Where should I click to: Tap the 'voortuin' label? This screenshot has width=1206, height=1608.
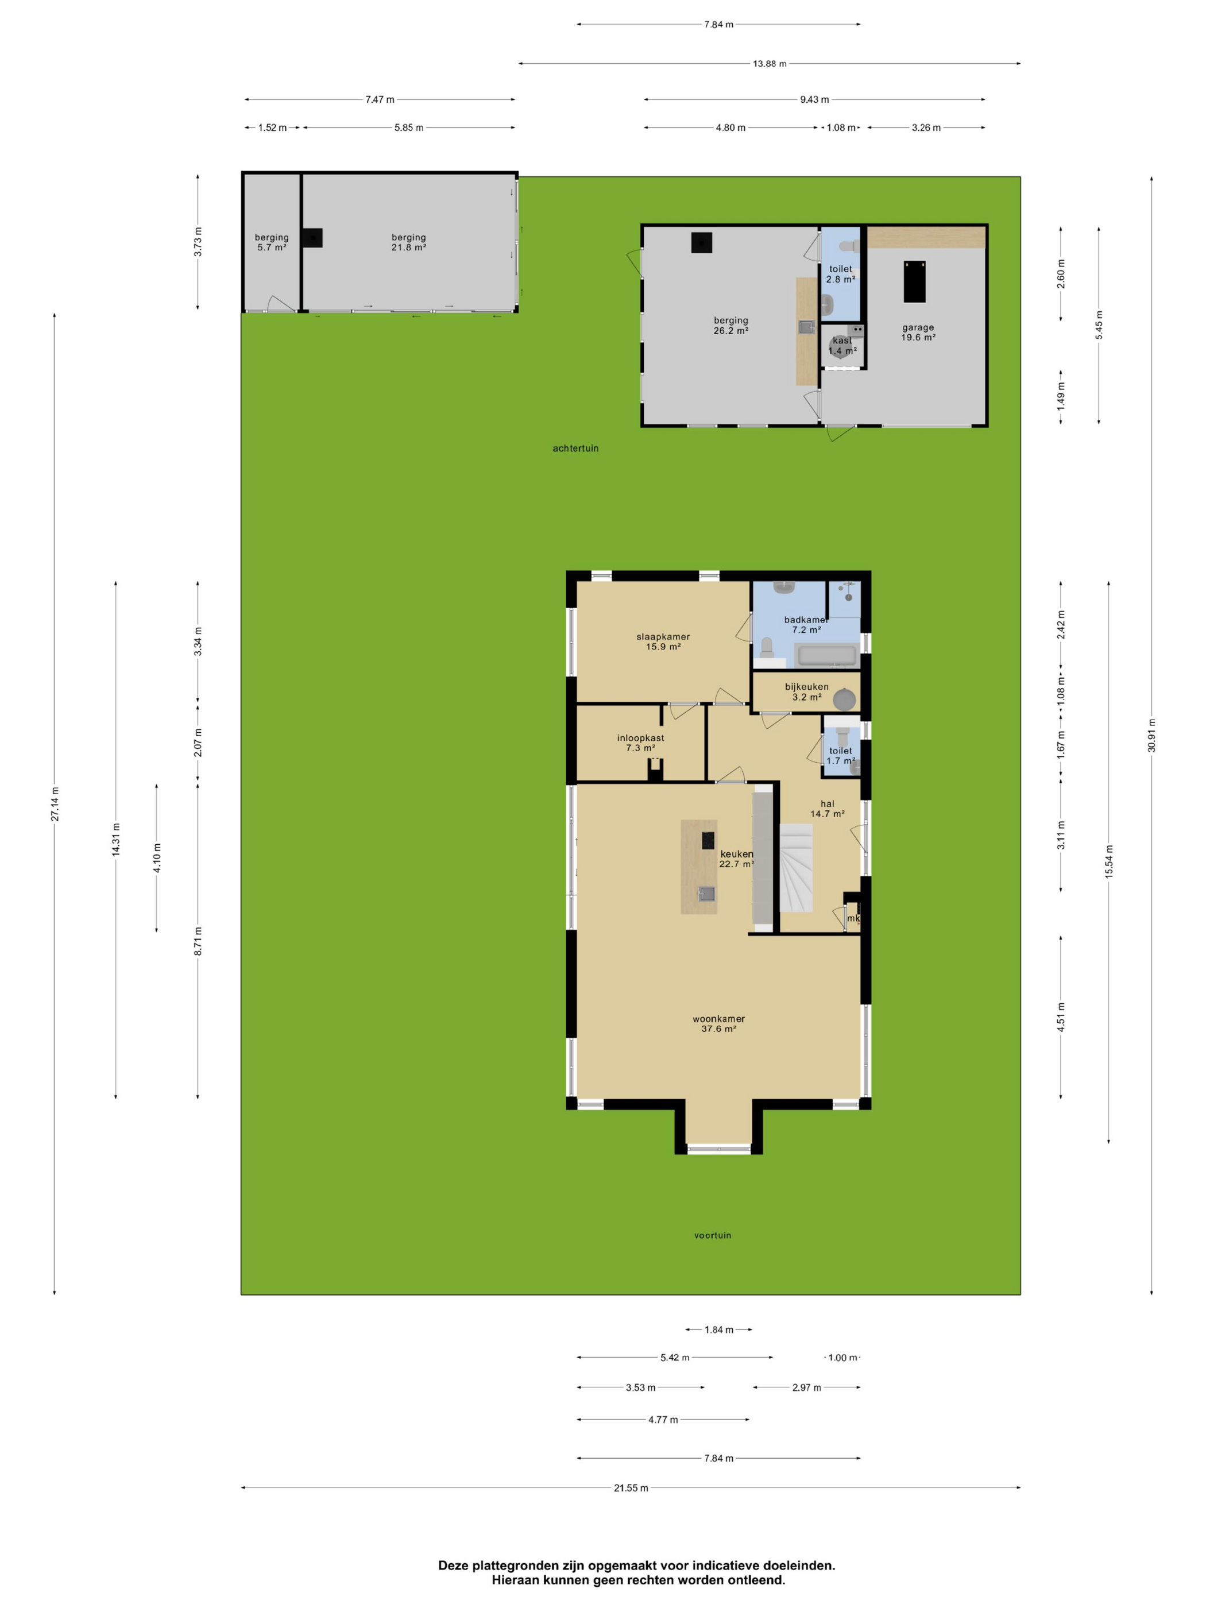[713, 1235]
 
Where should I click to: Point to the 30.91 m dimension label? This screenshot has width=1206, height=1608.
[1151, 735]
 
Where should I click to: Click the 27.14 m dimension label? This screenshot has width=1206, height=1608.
[55, 804]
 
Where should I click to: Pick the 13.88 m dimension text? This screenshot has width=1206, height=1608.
[769, 64]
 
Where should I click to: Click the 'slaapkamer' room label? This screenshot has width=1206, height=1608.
[663, 637]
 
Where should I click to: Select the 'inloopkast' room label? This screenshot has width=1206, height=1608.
[640, 738]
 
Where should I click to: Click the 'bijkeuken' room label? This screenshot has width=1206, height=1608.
[806, 687]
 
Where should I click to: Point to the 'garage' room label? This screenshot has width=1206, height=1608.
[918, 328]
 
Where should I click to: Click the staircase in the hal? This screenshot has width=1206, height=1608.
[796, 867]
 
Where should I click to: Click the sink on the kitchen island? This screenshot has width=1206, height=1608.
[706, 894]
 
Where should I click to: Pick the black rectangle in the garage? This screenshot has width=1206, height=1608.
[914, 281]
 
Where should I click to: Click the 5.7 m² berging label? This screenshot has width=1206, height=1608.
[271, 243]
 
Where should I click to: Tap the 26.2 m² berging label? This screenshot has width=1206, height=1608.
[730, 326]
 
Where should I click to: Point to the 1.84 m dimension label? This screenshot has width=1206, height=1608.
[718, 1329]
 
